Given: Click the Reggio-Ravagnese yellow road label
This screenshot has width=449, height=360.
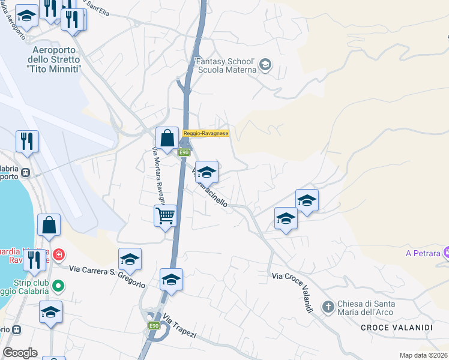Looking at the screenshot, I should tap(206, 133).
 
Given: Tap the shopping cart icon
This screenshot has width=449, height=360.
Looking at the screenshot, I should tap(165, 215).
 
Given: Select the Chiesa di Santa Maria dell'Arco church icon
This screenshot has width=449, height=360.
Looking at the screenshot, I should tap(328, 307).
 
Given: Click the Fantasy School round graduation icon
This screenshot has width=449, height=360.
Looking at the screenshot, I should tap(266, 65).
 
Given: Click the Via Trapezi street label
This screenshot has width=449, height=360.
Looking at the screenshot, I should tap(179, 326).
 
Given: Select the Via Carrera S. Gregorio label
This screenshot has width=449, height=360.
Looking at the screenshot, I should tap(107, 275).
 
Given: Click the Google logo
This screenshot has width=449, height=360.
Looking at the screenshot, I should tap(20, 353).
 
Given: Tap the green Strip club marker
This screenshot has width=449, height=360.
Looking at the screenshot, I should tap(58, 286).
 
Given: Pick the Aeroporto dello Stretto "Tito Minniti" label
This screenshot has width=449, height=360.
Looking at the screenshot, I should tap(53, 60).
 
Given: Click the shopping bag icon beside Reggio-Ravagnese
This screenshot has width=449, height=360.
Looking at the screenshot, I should tap(167, 138).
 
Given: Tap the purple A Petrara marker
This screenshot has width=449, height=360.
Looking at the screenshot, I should tap(445, 253).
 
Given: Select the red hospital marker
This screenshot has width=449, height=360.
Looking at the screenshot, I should tap(58, 254).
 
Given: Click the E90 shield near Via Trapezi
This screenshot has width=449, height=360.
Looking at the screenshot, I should tap(154, 325).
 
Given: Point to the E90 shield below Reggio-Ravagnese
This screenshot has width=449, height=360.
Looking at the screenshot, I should tap(184, 152).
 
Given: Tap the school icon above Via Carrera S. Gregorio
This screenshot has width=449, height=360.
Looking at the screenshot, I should tap(130, 259).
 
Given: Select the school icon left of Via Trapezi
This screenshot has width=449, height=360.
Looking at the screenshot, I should tap(171, 280).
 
